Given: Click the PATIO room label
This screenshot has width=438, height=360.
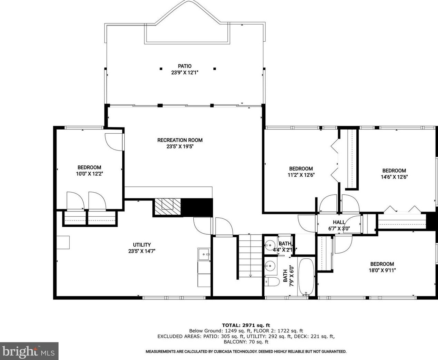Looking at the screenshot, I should coord(184,66).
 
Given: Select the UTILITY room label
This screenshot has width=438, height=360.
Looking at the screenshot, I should coord(142,245).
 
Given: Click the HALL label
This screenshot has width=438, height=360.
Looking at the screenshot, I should coord(339,222).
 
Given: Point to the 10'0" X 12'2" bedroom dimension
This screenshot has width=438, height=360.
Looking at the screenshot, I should coord(90,174).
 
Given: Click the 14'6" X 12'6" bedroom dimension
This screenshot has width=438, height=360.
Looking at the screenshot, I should coord(394,177).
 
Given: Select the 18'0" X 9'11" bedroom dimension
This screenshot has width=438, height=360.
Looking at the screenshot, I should coord(382,270).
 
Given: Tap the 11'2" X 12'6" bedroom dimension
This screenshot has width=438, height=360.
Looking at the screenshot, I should coord(301,175).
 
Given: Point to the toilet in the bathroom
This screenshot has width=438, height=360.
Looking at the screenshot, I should coord(272,282).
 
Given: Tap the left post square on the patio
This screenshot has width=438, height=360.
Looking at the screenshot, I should coord(161,69).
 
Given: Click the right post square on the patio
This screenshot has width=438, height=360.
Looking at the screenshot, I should coord(214,69).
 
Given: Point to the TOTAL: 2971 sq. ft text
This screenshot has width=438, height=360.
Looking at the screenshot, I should coord(246,325).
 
